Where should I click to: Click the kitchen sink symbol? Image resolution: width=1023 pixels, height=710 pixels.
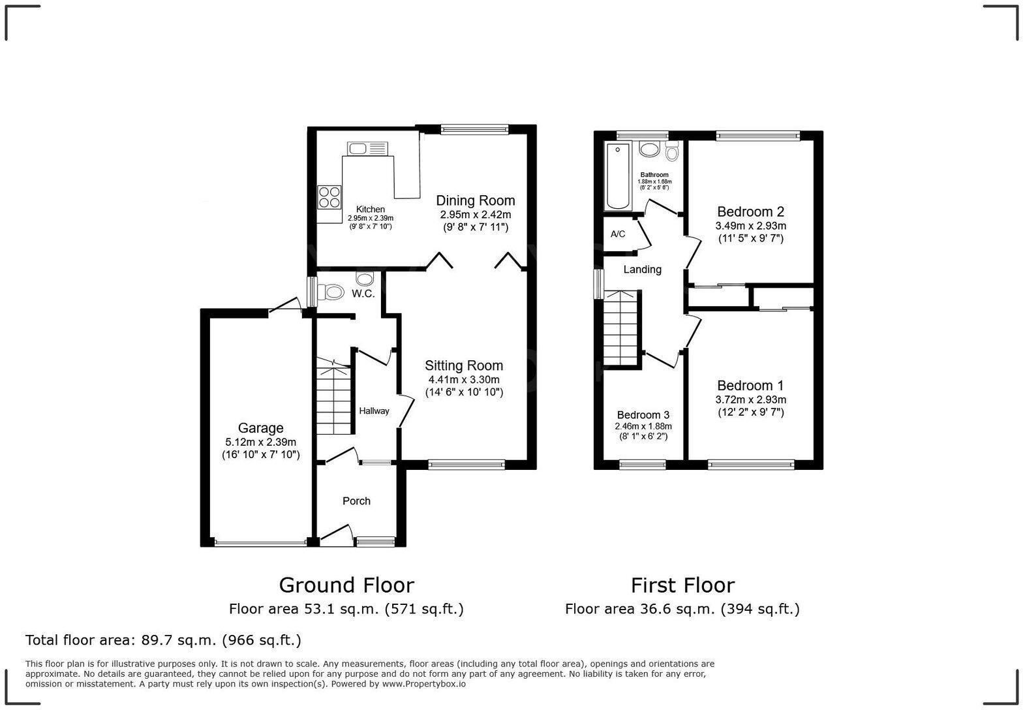[367, 149]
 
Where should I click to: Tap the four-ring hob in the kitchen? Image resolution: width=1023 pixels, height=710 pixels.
[329, 196]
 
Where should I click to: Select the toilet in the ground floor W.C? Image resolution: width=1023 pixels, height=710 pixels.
[332, 292]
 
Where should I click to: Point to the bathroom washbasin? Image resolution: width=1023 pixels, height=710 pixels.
[649, 150]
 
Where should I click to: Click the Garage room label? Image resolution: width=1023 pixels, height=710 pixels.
[260, 428]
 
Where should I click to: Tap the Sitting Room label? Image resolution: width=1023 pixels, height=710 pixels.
[464, 365]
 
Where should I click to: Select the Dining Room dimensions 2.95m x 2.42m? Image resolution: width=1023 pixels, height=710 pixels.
[475, 214]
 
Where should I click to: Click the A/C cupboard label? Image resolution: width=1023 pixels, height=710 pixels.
[618, 234]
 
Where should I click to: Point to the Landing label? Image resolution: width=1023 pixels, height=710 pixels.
[642, 270]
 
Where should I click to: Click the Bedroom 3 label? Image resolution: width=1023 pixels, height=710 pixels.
[643, 415]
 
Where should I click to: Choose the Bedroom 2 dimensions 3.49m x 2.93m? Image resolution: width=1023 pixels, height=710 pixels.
[750, 226]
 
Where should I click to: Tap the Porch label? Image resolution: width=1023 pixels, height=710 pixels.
[356, 501]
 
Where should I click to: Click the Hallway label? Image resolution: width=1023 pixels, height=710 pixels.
[374, 410]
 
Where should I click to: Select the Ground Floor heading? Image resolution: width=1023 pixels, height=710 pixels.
[346, 585]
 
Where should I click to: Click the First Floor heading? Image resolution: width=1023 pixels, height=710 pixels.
[682, 585]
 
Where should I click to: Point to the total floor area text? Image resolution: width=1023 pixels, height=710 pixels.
[163, 640]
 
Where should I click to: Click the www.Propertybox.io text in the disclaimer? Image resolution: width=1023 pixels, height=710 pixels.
[423, 684]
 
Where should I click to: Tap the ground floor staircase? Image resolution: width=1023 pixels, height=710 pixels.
[334, 398]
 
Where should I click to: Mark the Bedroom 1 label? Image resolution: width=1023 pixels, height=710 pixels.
[750, 386]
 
